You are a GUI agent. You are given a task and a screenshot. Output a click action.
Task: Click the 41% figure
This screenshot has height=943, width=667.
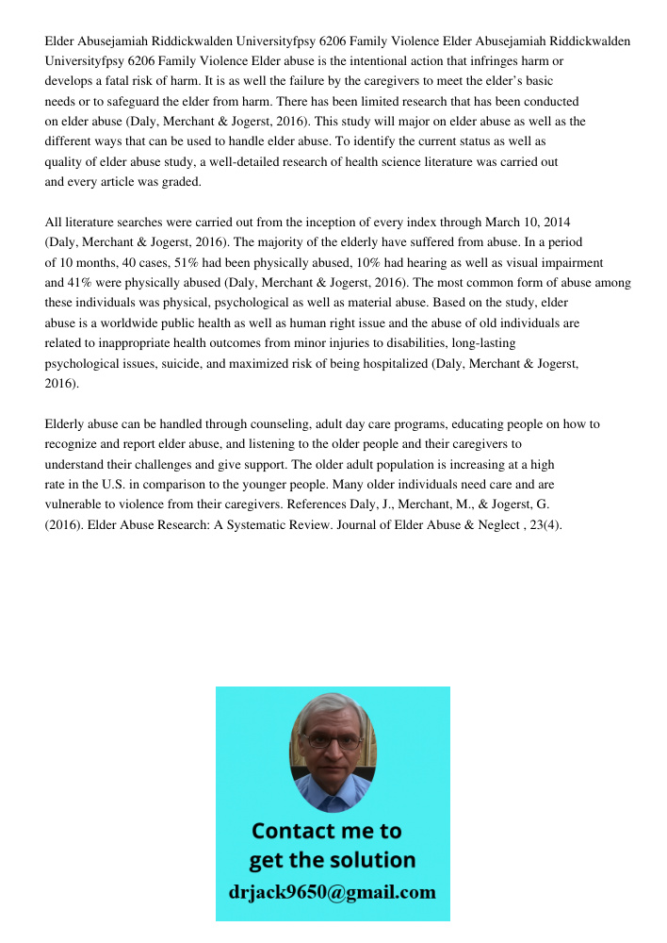(80, 283)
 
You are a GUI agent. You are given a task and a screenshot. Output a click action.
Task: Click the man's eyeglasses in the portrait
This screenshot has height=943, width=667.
(333, 742)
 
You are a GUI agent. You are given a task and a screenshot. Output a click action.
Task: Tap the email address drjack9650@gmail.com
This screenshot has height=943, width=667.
(333, 892)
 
